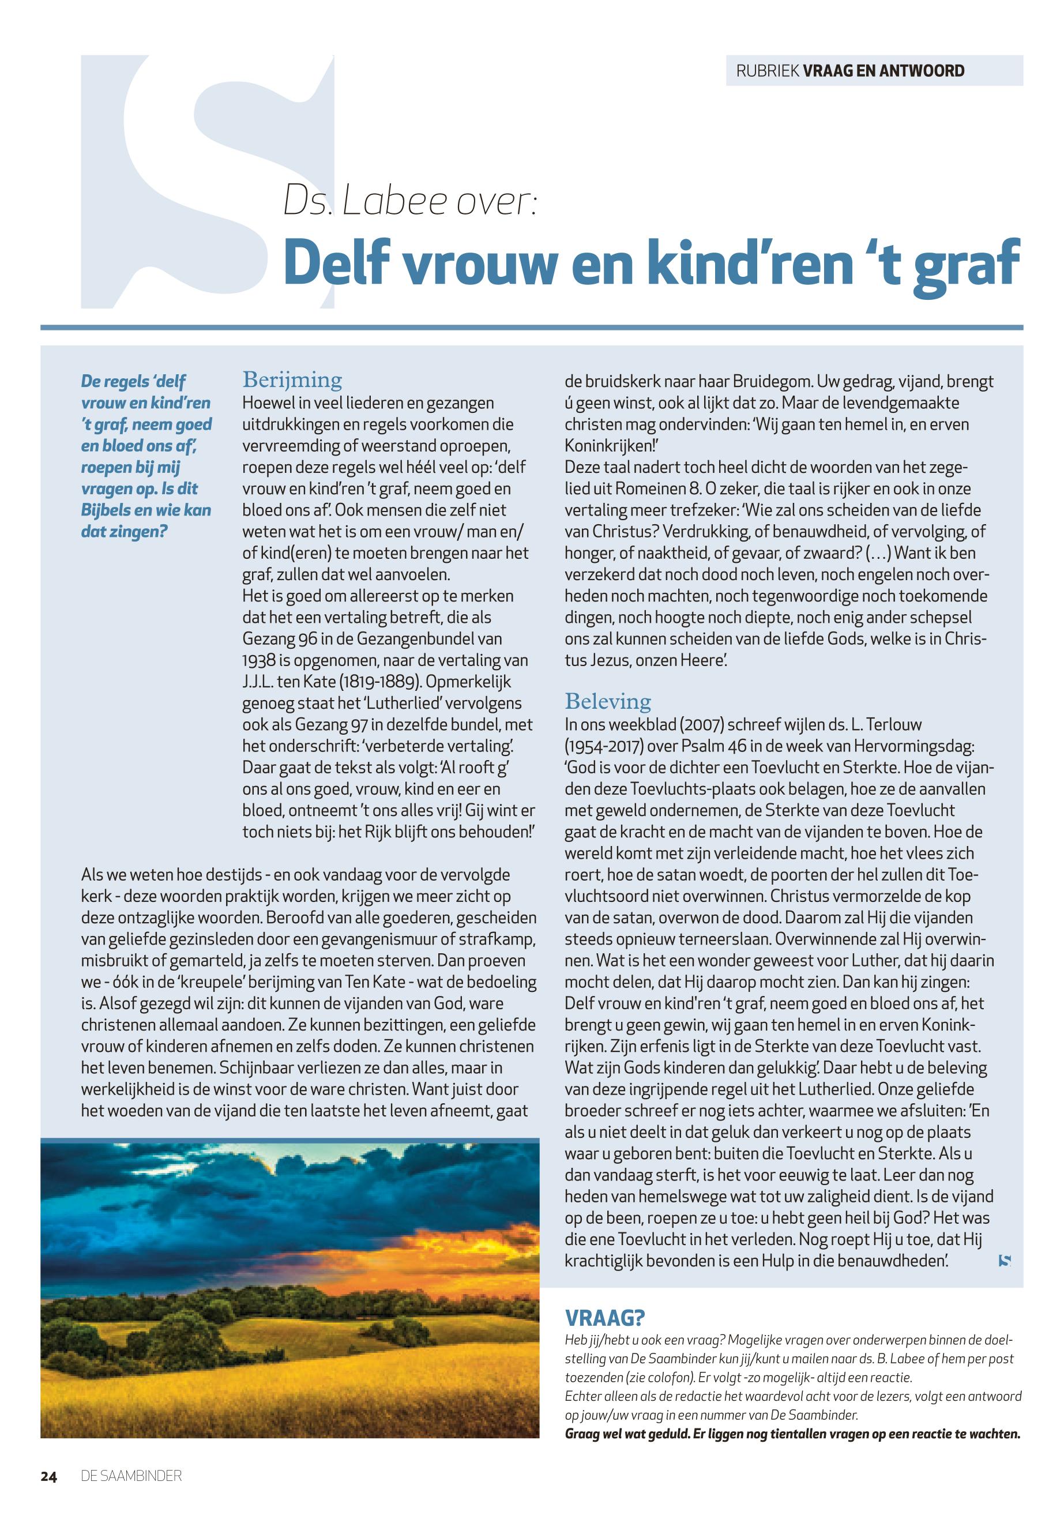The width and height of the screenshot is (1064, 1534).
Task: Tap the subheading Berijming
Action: point(292,381)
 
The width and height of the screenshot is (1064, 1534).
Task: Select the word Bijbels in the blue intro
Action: point(108,511)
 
